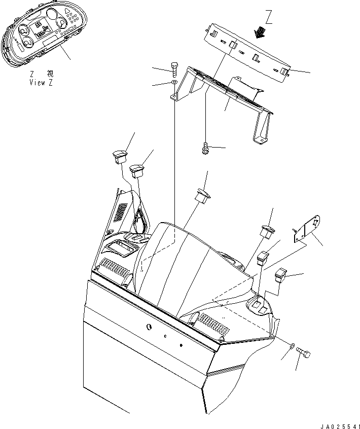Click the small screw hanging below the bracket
[x=205, y=149]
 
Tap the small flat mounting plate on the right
[x=307, y=228]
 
